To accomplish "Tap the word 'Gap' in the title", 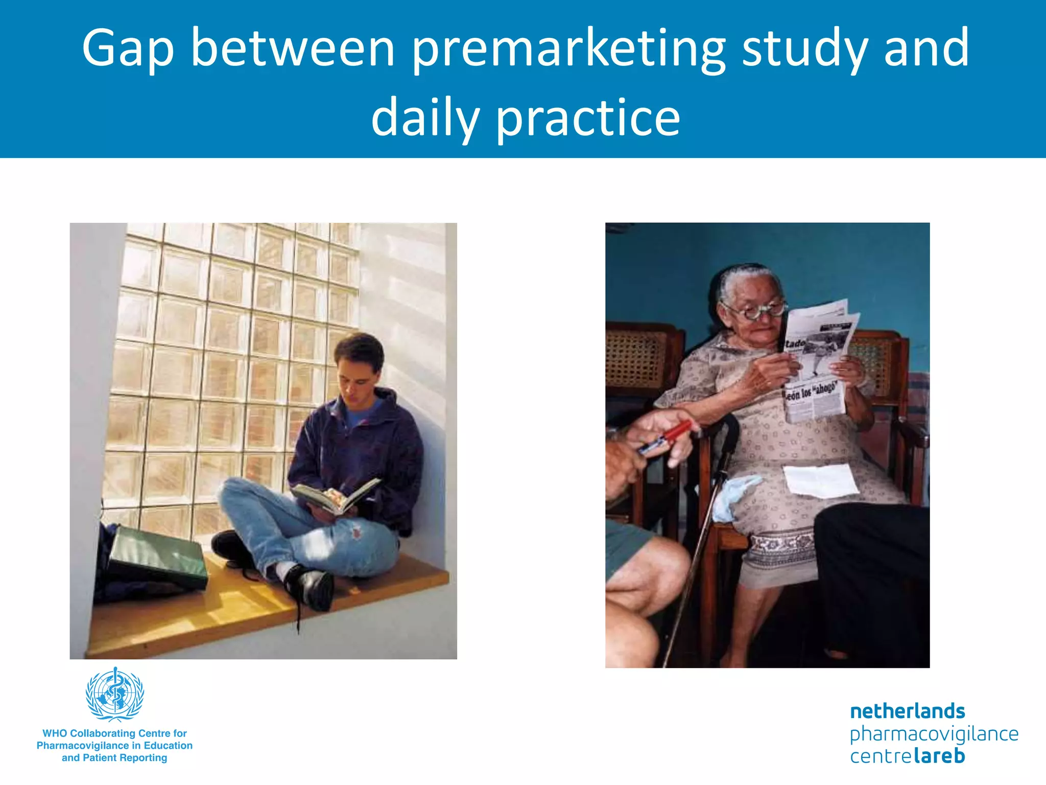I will [128, 49].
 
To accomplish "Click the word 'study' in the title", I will [805, 49].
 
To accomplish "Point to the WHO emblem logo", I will [115, 694].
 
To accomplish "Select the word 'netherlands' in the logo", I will [907, 711].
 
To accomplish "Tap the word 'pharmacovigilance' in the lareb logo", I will [934, 734].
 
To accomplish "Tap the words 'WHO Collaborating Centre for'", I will [114, 733].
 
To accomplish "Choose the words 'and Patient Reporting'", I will [114, 758].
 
